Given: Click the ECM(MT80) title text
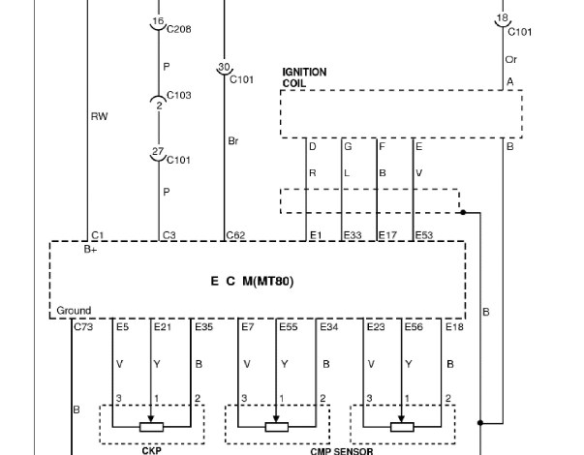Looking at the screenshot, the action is [252, 281].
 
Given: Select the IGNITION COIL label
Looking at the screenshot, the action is [304, 77].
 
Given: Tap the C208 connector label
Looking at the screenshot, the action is [179, 29].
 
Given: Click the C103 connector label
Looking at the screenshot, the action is [179, 95].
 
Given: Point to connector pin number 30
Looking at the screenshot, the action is [224, 67].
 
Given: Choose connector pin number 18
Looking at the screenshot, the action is [503, 17].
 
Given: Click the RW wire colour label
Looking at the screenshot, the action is [100, 116].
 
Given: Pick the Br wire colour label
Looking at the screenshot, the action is [233, 141].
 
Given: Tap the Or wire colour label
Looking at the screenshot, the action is [511, 60].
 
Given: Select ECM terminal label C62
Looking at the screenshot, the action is [235, 235].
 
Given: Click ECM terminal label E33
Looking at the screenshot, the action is [353, 235].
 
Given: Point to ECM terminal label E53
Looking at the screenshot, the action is [424, 235].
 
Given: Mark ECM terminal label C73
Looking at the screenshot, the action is [83, 327].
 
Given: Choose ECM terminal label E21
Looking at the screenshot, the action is [163, 327].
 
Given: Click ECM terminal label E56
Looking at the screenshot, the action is [414, 327].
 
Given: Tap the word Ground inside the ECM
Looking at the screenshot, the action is [74, 311].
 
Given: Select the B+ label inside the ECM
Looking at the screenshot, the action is [90, 250].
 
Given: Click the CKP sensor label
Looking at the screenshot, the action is [152, 451].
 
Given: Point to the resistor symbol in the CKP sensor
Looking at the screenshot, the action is [151, 427].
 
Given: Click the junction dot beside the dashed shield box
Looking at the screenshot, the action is [463, 212].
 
